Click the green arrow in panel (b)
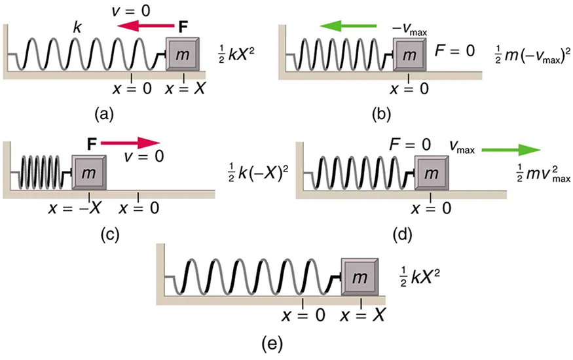(x=348, y=26)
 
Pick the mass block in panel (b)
(x=410, y=55)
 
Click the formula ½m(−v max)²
(x=530, y=56)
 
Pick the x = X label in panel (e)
(x=362, y=315)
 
